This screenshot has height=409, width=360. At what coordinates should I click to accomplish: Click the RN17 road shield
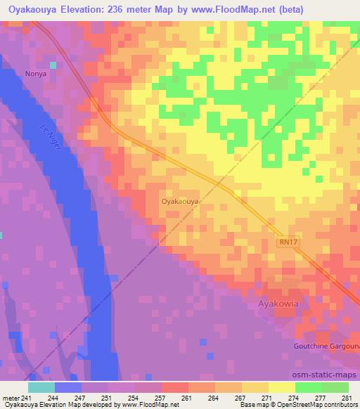[285, 241]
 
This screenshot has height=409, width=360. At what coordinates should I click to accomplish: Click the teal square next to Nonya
[52, 65]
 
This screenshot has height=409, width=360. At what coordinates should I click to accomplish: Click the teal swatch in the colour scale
[41, 387]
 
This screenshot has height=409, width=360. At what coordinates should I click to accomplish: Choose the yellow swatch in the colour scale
[281, 387]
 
